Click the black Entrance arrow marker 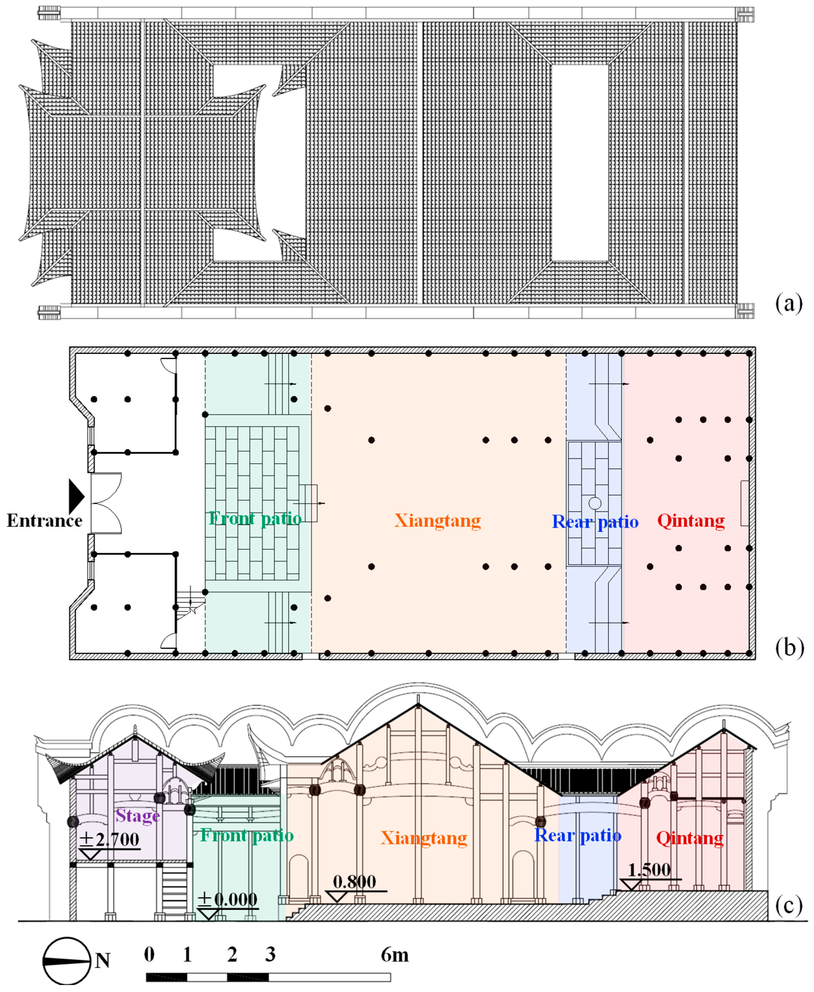[76, 496]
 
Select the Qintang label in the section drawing [689, 838]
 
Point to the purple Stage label [137, 816]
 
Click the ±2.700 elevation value [109, 839]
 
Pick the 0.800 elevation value [354, 882]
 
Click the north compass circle [66, 961]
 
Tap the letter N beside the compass [103, 960]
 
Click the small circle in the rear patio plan [595, 503]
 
